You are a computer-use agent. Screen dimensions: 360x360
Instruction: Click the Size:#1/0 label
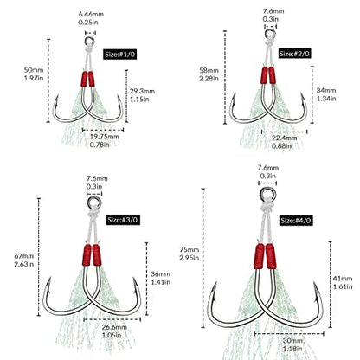[119, 55]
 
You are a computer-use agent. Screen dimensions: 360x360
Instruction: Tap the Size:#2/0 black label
[294, 54]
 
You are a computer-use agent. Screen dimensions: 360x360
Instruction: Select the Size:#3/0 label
[123, 220]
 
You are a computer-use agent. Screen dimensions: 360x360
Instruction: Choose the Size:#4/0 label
[296, 221]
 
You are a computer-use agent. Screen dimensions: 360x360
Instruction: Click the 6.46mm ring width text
[91, 14]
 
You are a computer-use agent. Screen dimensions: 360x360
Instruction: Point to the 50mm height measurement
[34, 70]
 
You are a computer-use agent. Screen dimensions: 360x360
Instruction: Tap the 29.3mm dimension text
[142, 91]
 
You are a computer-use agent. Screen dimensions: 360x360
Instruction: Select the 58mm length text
[209, 70]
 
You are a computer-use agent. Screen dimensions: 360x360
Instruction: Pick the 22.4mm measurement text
[284, 138]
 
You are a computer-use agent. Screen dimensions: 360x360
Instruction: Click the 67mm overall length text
[24, 256]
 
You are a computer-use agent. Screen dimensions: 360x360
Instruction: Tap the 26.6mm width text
[114, 327]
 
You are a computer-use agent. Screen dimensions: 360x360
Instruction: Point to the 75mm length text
[190, 249]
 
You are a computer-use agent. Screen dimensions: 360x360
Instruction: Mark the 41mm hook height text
[343, 279]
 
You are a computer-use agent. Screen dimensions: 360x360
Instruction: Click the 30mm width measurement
[292, 341]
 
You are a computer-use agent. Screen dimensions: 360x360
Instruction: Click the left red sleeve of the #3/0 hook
[87, 255]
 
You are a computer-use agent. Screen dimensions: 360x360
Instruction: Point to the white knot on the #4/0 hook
[267, 206]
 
